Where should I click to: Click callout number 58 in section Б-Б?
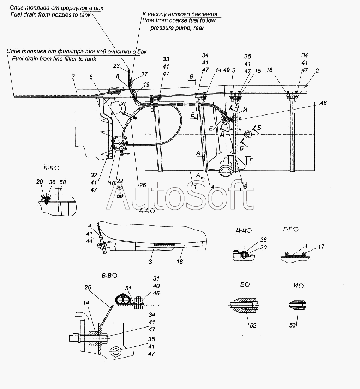point(63,182)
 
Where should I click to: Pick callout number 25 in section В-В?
point(88,287)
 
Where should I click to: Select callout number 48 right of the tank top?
point(324,103)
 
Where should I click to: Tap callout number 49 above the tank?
point(226,70)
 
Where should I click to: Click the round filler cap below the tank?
point(226,172)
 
